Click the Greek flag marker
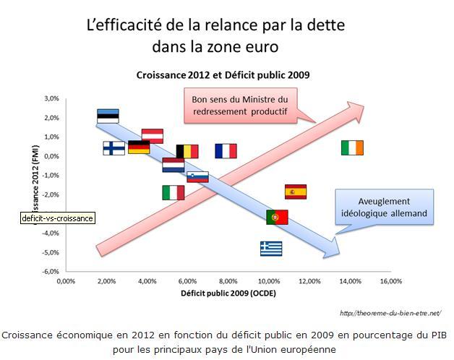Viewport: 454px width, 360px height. pos(271,249)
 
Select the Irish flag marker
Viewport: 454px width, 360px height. pos(352,147)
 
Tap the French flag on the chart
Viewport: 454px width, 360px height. pos(226,150)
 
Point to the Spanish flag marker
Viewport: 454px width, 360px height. pos(295,192)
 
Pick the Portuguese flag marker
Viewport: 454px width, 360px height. pos(277,217)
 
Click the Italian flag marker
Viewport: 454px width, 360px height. pos(174,192)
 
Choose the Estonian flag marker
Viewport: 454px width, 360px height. pos(108,116)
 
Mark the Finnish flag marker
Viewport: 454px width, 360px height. pos(113,147)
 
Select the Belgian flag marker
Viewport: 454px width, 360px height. pos(187,150)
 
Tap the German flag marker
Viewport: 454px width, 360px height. pos(139,147)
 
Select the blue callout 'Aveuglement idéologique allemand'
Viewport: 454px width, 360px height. pos(383,207)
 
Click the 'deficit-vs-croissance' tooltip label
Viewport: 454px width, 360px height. pos(58,218)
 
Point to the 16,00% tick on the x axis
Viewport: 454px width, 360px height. pos(391,280)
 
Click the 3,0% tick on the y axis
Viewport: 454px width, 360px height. pos(51,98)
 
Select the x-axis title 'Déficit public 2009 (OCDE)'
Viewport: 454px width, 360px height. pos(228,293)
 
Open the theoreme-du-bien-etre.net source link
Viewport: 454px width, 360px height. pos(388,312)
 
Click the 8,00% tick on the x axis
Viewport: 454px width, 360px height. pos(228,280)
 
